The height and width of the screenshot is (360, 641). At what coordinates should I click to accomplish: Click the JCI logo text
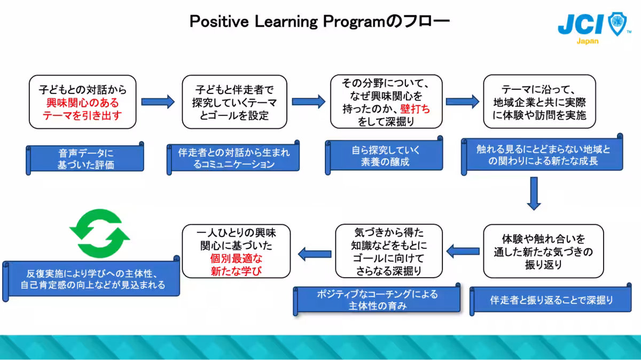[x=581, y=24]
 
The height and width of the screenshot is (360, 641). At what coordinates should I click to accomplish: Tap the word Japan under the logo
[x=587, y=41]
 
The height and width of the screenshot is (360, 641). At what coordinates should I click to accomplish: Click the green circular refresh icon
[x=100, y=233]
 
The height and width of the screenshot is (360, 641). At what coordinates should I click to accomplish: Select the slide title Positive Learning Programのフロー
[x=320, y=21]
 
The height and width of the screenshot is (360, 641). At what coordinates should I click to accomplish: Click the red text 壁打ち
[x=415, y=109]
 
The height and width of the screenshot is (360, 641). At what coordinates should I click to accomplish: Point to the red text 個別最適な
[x=237, y=259]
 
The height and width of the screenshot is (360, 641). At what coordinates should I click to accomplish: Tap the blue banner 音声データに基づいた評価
[x=85, y=159]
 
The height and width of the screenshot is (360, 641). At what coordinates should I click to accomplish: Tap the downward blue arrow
[x=534, y=193]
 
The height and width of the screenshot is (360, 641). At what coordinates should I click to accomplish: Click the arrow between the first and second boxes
[x=158, y=101]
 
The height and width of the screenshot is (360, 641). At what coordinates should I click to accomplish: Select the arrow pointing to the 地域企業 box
[x=462, y=101]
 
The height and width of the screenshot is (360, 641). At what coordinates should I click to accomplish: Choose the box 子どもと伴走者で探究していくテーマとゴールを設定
[x=234, y=101]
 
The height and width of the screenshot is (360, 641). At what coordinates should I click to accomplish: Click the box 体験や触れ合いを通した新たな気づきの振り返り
[x=544, y=251]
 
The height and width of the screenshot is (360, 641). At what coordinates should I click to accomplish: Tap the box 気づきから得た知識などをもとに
[x=389, y=251]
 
